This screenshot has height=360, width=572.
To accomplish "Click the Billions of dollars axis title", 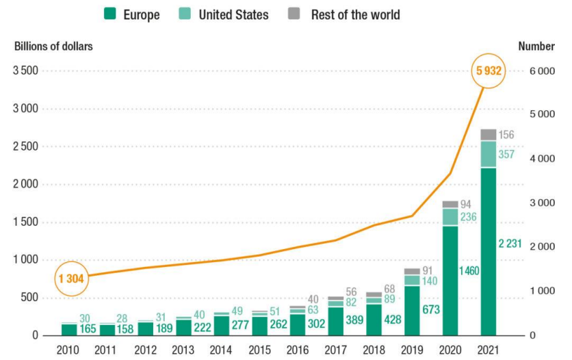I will pos(53,47).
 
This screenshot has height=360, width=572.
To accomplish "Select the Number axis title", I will pos(536,47).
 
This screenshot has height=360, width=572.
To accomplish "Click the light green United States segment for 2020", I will pos(450,217).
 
